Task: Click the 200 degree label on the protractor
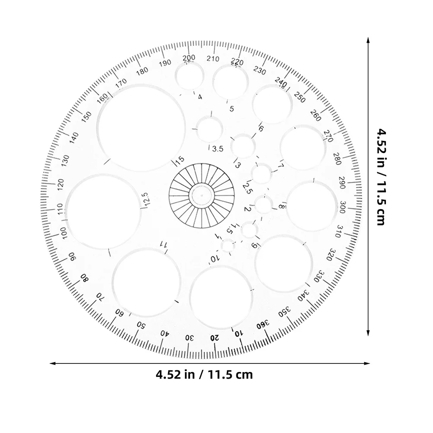coord(189,58)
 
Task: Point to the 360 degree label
coord(263,324)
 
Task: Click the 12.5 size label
coord(146,200)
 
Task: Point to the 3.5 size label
coord(217,149)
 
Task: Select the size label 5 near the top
coord(232,109)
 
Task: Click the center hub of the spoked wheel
coord(201,196)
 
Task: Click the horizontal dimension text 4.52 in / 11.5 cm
coord(204,374)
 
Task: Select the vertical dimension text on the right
coord(380,177)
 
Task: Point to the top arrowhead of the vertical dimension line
coord(368,40)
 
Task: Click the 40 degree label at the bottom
coord(165,333)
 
